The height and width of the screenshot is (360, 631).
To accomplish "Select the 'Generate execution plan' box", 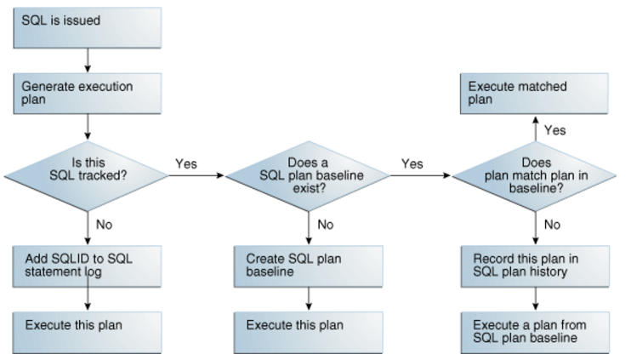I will coord(86,93).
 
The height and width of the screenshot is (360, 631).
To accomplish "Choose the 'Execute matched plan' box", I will coord(535,93).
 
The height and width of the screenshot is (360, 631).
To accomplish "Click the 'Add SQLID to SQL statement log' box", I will coord(86,266).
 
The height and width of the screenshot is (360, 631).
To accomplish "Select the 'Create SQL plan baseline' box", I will coord(308,266).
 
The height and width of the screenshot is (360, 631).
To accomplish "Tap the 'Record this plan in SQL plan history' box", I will coord(535,266).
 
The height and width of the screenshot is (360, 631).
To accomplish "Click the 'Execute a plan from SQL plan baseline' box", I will coord(535,332).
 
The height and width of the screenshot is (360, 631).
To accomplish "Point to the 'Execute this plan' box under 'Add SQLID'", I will coord(86,332).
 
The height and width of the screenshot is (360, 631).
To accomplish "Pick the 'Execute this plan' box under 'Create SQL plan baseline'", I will coord(308,332).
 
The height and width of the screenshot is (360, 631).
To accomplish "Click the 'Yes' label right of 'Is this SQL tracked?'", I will coord(188,163).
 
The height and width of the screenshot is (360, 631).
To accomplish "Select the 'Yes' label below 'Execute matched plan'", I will coord(554,130).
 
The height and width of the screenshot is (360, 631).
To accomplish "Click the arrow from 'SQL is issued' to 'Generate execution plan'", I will coord(86,59).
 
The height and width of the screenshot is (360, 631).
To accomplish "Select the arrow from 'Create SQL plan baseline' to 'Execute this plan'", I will coord(308,299).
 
